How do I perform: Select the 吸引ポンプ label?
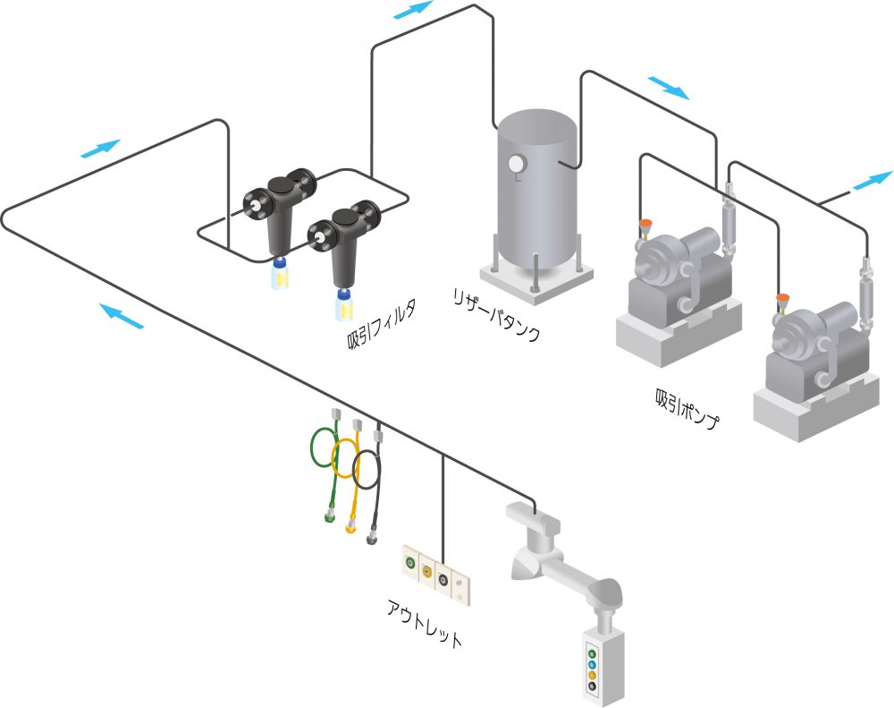[687, 408]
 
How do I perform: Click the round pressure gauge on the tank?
[516, 164]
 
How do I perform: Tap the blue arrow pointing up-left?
[121, 314]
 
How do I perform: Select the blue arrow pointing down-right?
[669, 87]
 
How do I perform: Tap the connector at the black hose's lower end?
[372, 536]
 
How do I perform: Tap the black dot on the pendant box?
[592, 687]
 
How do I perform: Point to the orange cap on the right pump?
[782, 299]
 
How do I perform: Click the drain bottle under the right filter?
[343, 305]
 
